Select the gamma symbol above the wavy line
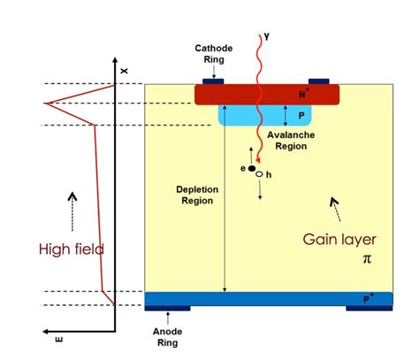click(x=263, y=36)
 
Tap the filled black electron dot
click(x=252, y=167)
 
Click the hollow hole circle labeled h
click(x=259, y=175)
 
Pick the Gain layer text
click(x=339, y=239)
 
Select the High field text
click(x=71, y=249)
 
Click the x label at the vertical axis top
click(x=124, y=70)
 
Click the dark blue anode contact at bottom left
click(x=168, y=309)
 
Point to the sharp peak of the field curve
click(x=48, y=103)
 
